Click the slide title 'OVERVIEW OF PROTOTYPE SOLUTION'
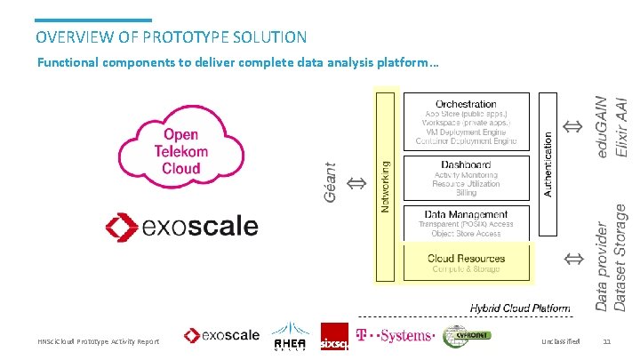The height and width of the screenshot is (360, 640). click(172, 37)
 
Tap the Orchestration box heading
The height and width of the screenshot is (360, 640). click(466, 104)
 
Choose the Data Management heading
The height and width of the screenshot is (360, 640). click(466, 214)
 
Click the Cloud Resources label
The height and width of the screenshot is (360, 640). click(466, 259)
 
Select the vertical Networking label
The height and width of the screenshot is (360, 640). click(385, 187)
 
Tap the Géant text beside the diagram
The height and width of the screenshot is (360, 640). click(331, 183)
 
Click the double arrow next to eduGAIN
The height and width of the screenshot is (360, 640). click(574, 128)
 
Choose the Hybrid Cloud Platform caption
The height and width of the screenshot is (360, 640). click(520, 308)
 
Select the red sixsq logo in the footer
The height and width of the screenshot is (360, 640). click(334, 337)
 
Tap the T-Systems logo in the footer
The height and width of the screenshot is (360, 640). click(395, 336)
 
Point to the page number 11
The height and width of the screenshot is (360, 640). click(607, 341)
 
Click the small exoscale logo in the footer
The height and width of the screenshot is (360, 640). click(221, 336)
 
